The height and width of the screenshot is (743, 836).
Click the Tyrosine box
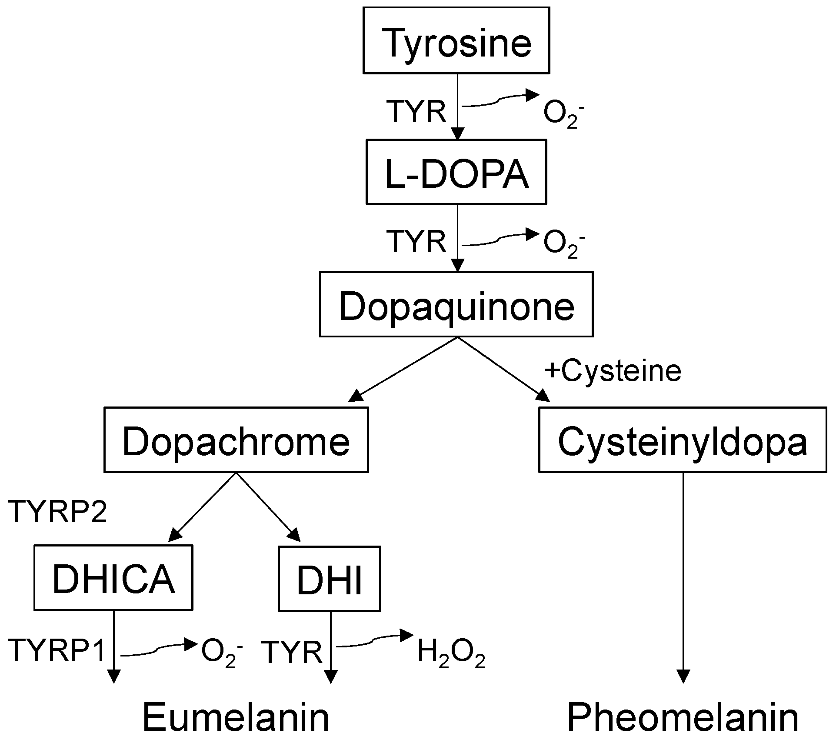tap(456, 40)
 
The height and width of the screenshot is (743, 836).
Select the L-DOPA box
tap(456, 172)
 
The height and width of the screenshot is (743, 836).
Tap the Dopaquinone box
tap(456, 304)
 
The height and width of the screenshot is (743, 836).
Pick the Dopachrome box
tap(236, 440)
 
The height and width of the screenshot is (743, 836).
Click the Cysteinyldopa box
tap(682, 440)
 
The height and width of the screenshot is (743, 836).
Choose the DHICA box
tap(113, 578)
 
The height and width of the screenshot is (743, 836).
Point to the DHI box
tap(329, 579)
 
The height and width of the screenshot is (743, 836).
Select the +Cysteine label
tap(613, 371)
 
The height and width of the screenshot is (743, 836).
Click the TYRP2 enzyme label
tap(57, 512)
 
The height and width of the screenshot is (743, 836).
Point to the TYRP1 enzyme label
tap(57, 650)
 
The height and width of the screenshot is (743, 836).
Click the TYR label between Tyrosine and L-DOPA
tap(416, 112)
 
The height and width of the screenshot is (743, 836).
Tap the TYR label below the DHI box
tap(293, 652)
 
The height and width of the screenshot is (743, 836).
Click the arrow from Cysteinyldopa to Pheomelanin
tap(683, 578)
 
